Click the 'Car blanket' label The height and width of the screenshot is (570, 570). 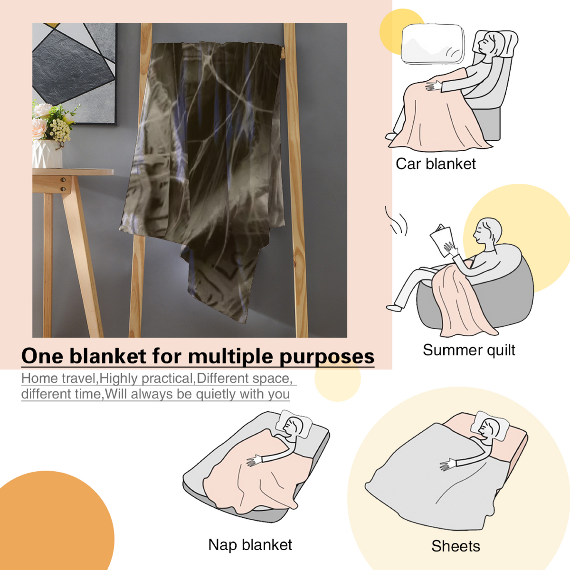point(436,164)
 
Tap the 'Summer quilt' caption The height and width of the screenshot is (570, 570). point(469,350)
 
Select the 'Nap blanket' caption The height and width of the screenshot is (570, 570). point(250,544)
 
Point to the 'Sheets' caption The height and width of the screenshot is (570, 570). point(456,546)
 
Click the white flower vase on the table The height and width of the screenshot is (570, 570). point(47,153)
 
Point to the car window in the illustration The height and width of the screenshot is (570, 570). point(432,44)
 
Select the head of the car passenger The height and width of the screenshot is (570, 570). point(488,44)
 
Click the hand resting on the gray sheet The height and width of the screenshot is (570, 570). point(447,465)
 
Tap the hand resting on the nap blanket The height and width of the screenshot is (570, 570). point(254,461)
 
